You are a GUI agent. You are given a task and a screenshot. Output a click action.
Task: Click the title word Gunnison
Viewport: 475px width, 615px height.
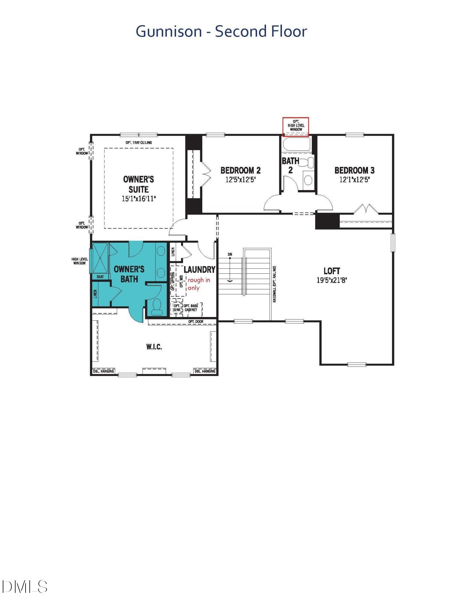point(168,31)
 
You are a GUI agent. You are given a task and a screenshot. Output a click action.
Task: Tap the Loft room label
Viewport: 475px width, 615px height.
point(331,271)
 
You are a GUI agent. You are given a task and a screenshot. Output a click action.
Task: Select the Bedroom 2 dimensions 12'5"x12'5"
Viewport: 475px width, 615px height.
point(240,180)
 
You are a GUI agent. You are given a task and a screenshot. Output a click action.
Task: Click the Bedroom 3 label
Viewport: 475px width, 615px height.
point(354,170)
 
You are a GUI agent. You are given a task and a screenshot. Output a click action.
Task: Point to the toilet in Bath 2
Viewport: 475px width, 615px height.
point(308,162)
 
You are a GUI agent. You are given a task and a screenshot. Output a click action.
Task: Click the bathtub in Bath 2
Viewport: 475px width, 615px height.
point(296,144)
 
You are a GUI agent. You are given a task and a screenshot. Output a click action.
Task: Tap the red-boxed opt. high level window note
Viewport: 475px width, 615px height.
point(296,126)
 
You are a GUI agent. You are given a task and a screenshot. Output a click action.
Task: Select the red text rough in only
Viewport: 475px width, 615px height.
point(199,284)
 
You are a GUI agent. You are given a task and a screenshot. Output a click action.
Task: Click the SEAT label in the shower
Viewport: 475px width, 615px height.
point(100,277)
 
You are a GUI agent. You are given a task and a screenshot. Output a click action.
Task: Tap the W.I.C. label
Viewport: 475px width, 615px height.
point(154,347)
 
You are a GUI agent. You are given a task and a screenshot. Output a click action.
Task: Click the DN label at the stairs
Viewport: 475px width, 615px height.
point(230,254)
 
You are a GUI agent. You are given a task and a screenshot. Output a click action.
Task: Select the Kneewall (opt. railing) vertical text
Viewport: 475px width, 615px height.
point(274,284)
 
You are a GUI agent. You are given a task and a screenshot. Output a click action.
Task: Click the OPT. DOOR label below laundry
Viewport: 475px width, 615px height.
point(196,322)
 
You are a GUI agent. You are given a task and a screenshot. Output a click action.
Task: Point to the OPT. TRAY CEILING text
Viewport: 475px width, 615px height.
point(138,143)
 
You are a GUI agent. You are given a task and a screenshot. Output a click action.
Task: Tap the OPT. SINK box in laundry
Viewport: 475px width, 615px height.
point(177,308)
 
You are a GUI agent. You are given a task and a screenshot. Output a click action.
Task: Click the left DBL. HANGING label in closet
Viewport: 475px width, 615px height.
point(103,371)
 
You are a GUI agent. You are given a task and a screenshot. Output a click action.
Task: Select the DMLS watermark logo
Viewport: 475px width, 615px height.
point(25,587)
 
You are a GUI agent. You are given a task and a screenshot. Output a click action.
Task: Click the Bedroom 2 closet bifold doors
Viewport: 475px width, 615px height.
point(205,173)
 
